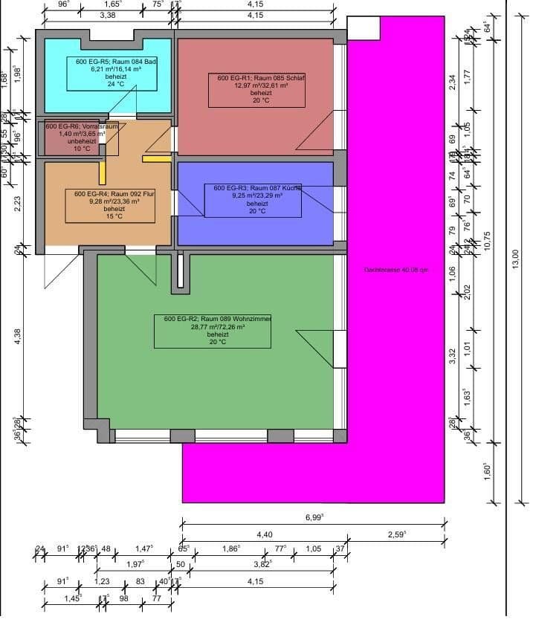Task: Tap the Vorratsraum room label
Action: click(82, 127)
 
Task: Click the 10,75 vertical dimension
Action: click(488, 242)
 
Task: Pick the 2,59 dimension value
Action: click(397, 534)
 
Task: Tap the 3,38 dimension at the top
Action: click(107, 15)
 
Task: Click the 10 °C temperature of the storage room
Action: click(82, 149)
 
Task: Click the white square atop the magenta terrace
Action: click(364, 27)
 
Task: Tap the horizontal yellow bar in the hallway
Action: click(156, 158)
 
